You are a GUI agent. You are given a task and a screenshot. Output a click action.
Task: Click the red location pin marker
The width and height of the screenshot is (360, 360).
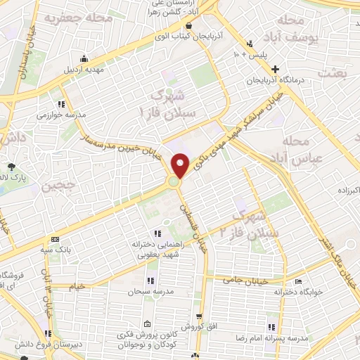tap(181, 165)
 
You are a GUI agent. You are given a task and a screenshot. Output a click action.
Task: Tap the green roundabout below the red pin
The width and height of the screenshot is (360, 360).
tap(173, 184)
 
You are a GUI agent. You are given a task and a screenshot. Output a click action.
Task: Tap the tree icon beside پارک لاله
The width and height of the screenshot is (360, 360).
tap(10, 167)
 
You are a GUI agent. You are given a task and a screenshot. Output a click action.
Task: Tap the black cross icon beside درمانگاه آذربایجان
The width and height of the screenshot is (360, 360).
tap(276, 69)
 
